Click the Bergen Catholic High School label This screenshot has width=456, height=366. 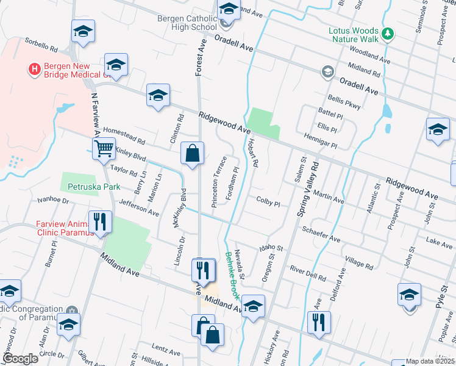click(x=187, y=23)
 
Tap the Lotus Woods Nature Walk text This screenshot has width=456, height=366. click(x=354, y=35)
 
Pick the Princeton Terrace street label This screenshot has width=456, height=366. click(x=219, y=182)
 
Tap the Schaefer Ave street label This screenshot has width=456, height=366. click(x=321, y=232)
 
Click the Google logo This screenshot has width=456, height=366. click(x=20, y=359)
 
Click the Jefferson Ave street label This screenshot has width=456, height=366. click(x=139, y=209)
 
